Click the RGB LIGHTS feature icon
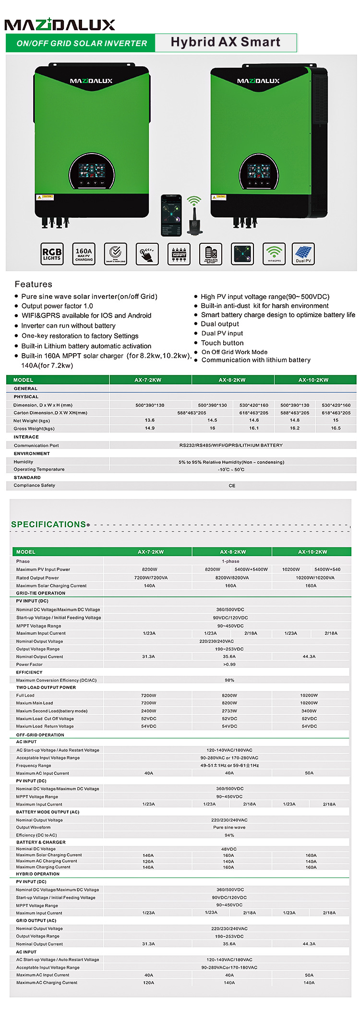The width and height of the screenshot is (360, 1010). point(52,254)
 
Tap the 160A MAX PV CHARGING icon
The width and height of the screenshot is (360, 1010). point(84,254)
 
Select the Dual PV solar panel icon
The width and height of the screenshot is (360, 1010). point(303,254)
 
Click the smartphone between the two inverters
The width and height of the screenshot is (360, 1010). point(171,215)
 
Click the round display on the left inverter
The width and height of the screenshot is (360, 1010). point(92,173)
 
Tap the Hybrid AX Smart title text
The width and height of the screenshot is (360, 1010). point(225,42)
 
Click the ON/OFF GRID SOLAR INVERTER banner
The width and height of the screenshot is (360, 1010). point(82,43)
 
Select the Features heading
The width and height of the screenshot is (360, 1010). point(33,284)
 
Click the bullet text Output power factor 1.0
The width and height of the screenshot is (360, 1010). point(57,306)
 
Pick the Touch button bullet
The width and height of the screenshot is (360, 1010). point(222,343)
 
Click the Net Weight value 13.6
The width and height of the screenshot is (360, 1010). point(150,420)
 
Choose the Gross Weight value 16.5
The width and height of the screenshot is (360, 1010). point(336,428)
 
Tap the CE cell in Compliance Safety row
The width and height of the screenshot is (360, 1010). point(232,486)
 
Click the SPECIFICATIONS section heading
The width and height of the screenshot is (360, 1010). point(48,524)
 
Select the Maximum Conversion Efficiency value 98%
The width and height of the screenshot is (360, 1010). point(229,680)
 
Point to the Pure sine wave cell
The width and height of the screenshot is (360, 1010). point(229,827)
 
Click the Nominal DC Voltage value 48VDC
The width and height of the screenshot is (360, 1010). point(229,849)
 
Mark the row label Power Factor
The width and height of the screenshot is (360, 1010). point(29,665)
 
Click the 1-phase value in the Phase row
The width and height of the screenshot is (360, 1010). point(230,561)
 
